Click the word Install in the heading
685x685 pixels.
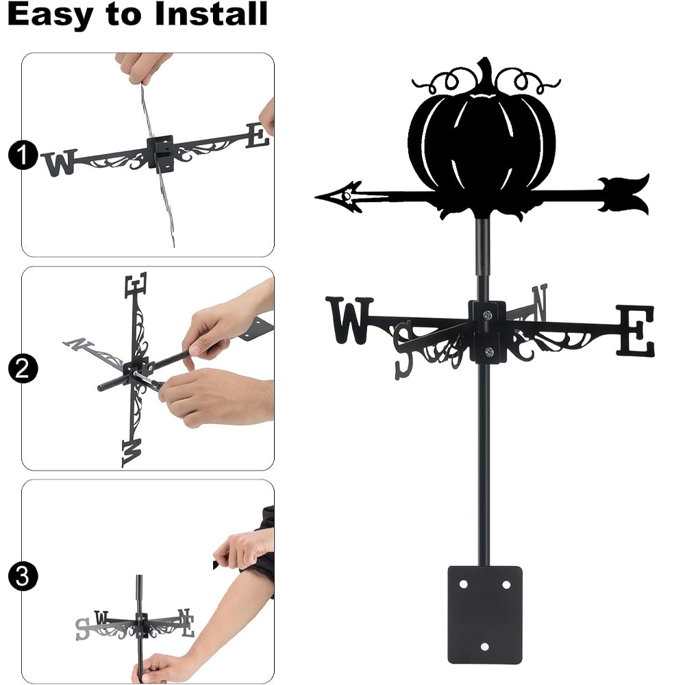pos(211,14)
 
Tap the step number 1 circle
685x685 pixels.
pos(23,155)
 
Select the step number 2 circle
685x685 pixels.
pos(23,369)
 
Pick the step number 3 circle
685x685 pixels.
pos(23,576)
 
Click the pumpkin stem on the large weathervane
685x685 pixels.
pos(484,73)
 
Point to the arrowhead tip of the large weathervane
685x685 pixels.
pos(316,197)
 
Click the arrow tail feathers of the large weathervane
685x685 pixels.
pos(624,194)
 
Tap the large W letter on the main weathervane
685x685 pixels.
pos(349,320)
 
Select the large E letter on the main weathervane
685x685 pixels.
pos(635,330)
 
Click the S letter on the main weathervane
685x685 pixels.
pos(403,349)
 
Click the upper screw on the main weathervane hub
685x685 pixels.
pos(488,314)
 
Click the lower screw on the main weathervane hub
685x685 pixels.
pos(489,351)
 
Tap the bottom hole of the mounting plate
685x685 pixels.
pos(484,647)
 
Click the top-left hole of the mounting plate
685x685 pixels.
pos(463,584)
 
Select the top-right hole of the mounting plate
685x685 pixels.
pos(506,584)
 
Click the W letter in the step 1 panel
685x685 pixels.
pos(60,162)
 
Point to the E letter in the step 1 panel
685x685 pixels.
pos(258,136)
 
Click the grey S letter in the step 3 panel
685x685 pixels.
pos(82,629)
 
